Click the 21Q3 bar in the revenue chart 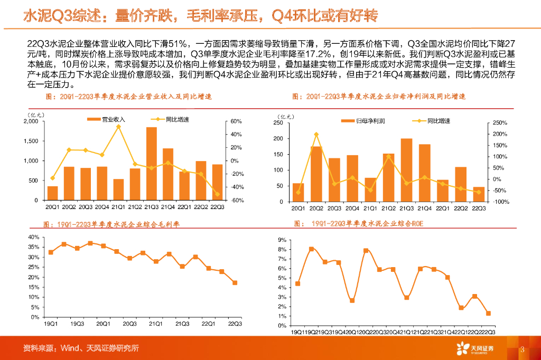152,164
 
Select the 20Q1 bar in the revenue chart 53,193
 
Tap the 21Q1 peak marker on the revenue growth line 118,127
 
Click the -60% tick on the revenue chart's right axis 236,201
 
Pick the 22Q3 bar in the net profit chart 479,194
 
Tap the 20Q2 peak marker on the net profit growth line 316,135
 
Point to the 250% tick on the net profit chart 499,123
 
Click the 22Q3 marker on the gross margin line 235,283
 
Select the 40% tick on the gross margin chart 33,237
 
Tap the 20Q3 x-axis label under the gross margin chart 129,324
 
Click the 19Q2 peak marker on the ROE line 311,249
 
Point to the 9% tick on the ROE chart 282,240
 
